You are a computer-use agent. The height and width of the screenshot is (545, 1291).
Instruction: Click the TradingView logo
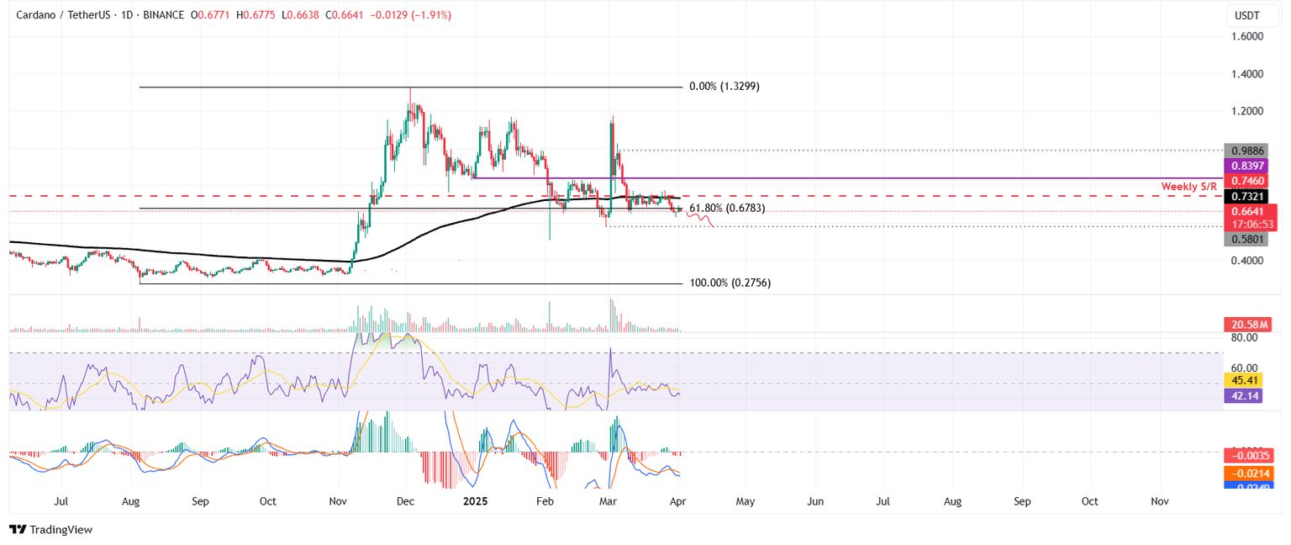coord(50,530)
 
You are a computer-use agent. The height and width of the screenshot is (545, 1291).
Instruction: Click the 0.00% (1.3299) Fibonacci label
coord(724,87)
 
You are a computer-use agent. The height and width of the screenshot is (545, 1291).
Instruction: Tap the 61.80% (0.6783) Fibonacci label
coord(726,208)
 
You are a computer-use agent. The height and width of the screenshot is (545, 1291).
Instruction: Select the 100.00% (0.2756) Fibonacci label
coord(730,283)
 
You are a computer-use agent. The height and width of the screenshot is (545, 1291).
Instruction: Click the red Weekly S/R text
coord(1189,186)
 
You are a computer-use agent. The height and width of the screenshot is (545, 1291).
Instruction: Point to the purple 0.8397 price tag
coord(1249,167)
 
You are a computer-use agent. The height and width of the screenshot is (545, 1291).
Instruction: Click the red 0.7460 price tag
coord(1249,181)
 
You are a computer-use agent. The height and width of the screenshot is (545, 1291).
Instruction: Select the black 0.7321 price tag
coord(1249,196)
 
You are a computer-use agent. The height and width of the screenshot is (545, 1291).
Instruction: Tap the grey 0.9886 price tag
coord(1249,151)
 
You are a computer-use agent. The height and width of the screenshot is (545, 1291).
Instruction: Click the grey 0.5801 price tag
coord(1249,239)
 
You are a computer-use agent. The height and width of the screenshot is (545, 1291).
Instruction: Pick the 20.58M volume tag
coord(1248,325)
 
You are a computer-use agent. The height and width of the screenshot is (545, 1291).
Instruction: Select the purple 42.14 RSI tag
coord(1248,396)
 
